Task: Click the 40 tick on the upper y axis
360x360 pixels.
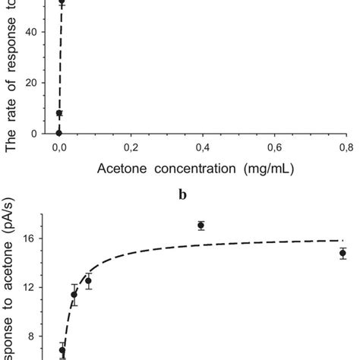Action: tap(36, 31)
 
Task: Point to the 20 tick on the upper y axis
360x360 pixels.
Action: tap(36, 82)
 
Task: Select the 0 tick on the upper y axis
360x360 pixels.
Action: tap(39, 134)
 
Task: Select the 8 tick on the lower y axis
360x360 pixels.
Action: tap(39, 336)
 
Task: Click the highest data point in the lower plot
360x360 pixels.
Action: tap(201, 225)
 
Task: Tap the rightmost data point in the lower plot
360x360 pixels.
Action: tap(343, 254)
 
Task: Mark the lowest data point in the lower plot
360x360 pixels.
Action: tap(62, 350)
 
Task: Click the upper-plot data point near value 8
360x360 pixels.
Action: tap(59, 113)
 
